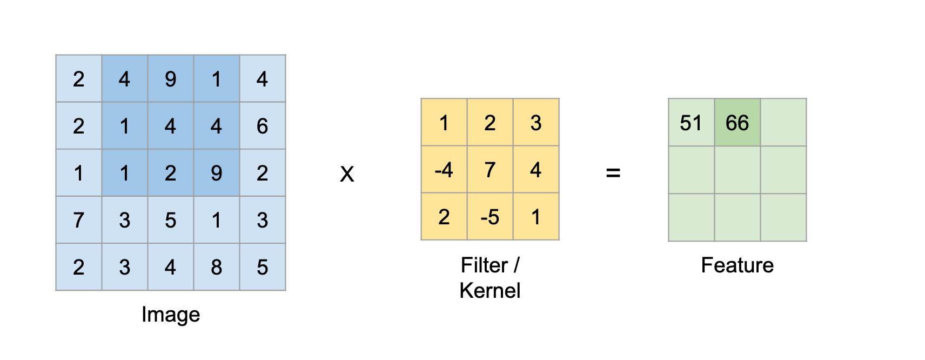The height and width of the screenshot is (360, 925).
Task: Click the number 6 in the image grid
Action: pyautogui.click(x=262, y=125)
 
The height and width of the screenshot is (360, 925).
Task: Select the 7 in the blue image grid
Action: pyautogui.click(x=78, y=220)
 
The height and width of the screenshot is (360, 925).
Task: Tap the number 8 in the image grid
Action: pyautogui.click(x=216, y=267)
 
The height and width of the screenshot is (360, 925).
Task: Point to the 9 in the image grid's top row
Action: pyautogui.click(x=171, y=79)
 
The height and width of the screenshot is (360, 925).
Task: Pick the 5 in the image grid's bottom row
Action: pyautogui.click(x=262, y=267)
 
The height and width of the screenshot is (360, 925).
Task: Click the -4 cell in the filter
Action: pyautogui.click(x=444, y=170)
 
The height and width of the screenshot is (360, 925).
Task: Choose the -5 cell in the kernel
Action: pyautogui.click(x=490, y=217)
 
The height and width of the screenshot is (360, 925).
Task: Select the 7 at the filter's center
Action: pyautogui.click(x=490, y=170)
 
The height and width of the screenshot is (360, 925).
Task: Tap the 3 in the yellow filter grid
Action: pyautogui.click(x=536, y=123)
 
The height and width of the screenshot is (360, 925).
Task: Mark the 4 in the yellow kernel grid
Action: pyautogui.click(x=536, y=170)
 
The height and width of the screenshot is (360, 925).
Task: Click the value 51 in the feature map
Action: pyautogui.click(x=691, y=123)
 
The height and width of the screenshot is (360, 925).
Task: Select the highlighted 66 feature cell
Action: pyautogui.click(x=737, y=122)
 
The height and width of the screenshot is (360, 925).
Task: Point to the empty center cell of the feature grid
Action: pyautogui.click(x=737, y=170)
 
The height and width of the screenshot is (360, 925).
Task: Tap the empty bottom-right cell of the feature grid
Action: pyautogui.click(x=783, y=217)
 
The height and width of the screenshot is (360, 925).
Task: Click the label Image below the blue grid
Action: pyautogui.click(x=171, y=315)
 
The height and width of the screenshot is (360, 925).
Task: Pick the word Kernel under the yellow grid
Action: pyautogui.click(x=490, y=291)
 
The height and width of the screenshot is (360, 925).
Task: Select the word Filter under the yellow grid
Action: pyautogui.click(x=484, y=265)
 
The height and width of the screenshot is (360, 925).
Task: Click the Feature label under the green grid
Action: pyautogui.click(x=737, y=265)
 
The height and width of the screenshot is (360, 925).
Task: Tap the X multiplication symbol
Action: pyautogui.click(x=347, y=174)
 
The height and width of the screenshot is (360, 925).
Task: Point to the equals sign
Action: pyautogui.click(x=613, y=173)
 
